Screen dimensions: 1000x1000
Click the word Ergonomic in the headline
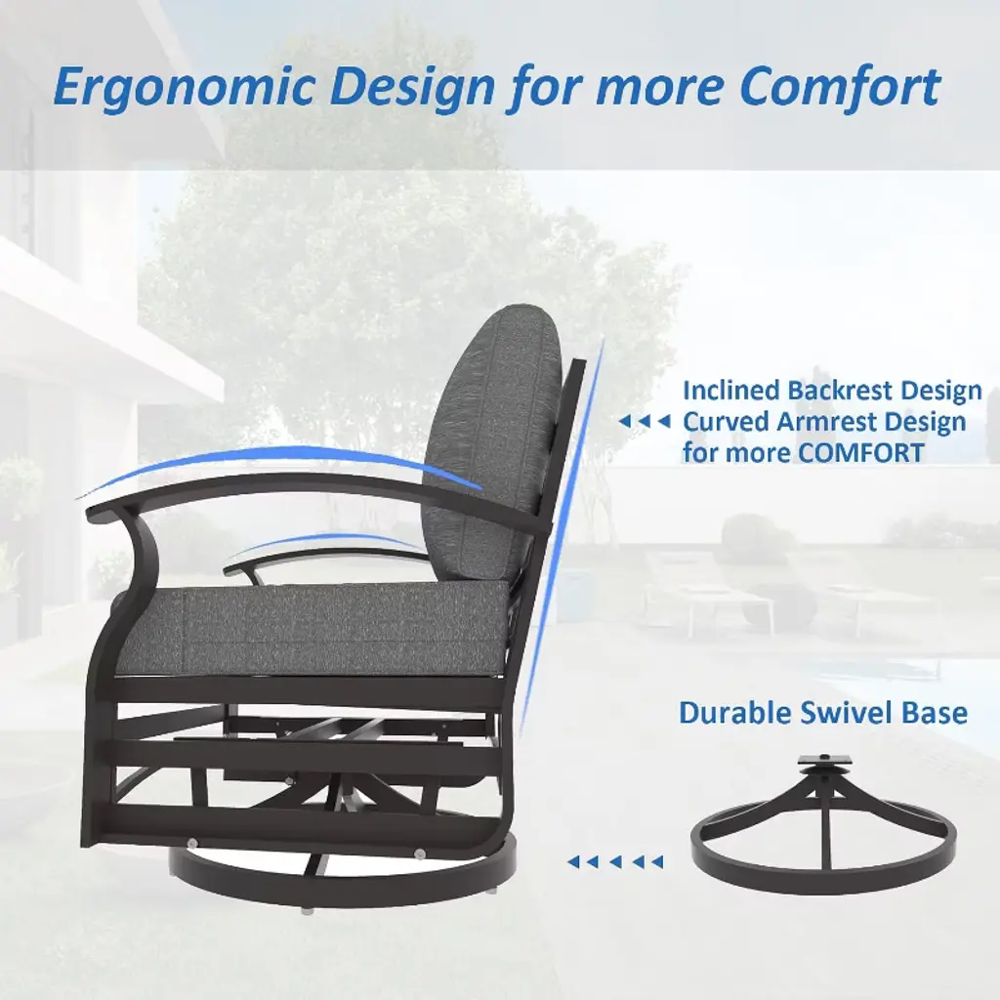pos(184,88)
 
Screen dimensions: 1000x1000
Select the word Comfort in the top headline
pos(839,86)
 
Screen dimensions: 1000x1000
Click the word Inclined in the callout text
pos(730,391)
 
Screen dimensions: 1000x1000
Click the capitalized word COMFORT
pos(861,453)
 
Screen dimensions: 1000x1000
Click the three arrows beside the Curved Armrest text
pos(645,422)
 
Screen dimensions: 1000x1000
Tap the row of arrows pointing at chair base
pos(615,862)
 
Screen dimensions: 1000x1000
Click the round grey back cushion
pos(491,440)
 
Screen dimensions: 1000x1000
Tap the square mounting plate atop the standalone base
pos(824,760)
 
